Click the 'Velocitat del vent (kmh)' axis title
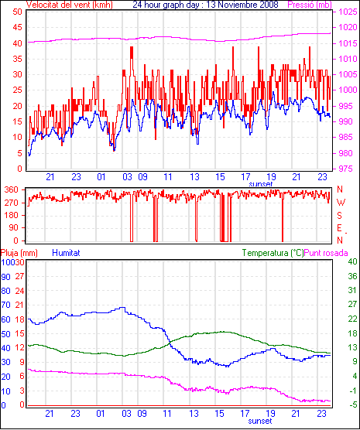70,5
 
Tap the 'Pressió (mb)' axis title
310,5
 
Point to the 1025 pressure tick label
348,12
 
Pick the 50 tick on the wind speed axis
17,12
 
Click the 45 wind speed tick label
17,27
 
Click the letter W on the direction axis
341,203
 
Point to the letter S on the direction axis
340,216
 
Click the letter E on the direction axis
340,228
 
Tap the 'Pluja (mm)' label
19,253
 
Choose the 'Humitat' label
66,253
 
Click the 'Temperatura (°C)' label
273,253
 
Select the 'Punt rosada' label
326,253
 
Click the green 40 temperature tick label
352,262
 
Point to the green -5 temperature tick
352,404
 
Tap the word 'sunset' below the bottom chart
260,421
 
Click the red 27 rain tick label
19,276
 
